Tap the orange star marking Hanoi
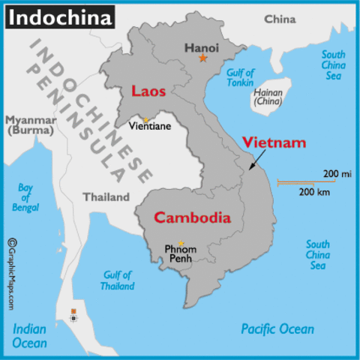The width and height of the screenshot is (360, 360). point(202,58)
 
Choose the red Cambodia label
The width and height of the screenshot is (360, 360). point(191,218)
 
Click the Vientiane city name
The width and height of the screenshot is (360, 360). point(150,126)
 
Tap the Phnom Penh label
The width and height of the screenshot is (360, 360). point(180,253)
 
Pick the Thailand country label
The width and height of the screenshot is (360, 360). point(106,198)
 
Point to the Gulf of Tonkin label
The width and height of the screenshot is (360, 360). point(240,78)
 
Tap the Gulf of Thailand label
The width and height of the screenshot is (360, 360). point(117,280)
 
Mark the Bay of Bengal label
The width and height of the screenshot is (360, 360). point(26,196)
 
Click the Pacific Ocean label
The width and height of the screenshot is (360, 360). point(277,328)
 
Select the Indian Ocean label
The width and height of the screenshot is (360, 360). point(30,336)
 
